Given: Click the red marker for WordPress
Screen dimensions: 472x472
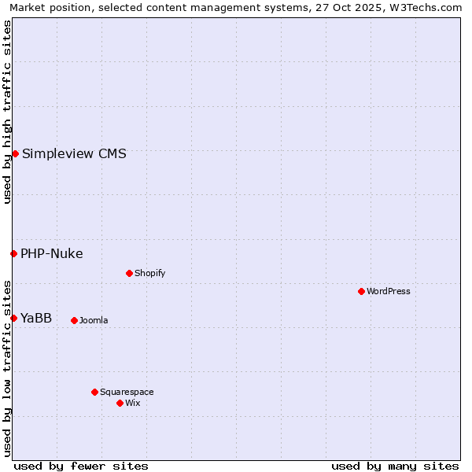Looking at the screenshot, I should [361, 291].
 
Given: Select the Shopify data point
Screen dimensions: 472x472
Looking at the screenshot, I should [129, 273].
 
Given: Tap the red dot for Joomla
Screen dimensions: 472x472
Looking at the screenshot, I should [74, 320].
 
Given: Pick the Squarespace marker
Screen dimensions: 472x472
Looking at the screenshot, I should [94, 392].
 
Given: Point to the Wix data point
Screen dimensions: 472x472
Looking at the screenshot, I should [120, 403].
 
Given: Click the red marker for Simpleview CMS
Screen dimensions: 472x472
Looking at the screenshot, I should [15, 153].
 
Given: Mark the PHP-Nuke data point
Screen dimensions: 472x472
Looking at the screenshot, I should [13, 253].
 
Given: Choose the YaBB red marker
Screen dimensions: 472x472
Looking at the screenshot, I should [13, 318].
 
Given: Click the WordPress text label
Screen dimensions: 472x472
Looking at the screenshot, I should [389, 291].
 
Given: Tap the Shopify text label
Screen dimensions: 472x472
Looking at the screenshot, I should [150, 273].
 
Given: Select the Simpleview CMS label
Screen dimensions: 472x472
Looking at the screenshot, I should [74, 153].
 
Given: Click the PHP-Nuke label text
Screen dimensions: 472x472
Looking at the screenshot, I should [52, 253].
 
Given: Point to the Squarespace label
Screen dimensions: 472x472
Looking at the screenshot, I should [127, 392].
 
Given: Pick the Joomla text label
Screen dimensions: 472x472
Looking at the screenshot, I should [94, 320].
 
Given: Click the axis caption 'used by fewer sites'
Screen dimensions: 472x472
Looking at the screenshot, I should [81, 466].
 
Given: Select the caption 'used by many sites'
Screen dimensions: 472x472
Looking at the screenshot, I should [395, 466].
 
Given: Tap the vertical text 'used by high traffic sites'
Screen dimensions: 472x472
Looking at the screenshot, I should [7, 112].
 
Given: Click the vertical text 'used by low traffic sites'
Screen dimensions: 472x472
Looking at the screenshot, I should [7, 367].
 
